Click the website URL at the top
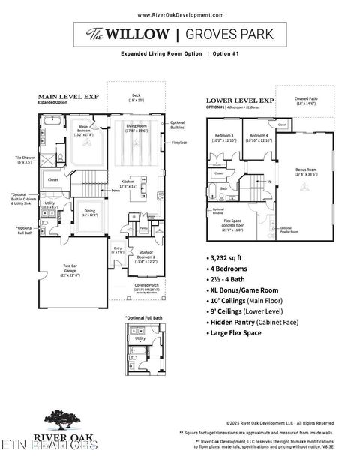(180, 14)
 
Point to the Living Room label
(136, 128)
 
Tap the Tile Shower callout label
(22, 158)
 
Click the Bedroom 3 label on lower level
(223, 137)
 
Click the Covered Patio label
(304, 100)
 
